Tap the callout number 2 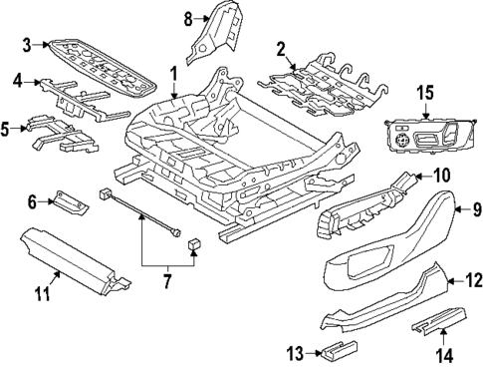(281, 48)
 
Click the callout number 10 (441, 176)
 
